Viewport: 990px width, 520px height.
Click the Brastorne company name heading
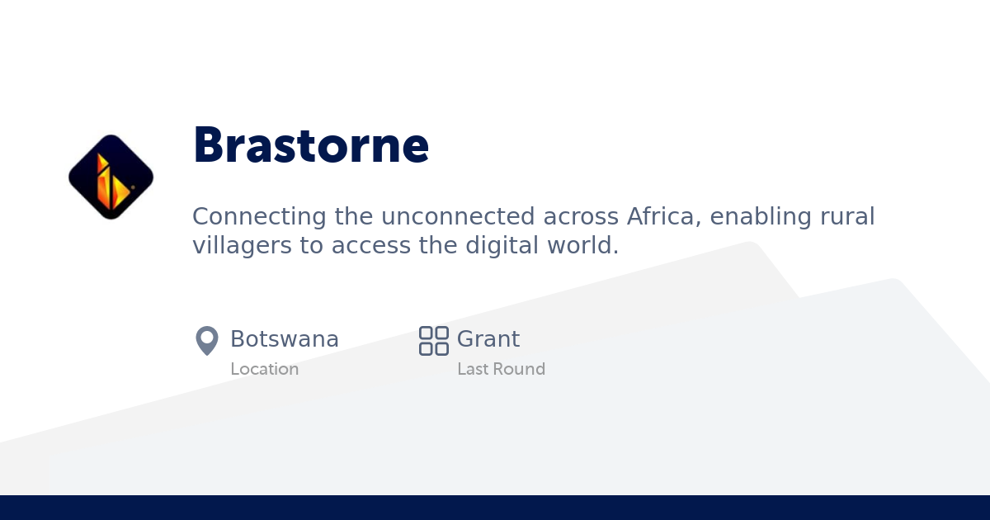[311, 146]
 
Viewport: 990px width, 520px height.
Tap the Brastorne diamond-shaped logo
[111, 177]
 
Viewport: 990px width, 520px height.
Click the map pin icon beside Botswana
[206, 340]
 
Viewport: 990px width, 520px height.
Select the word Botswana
[284, 339]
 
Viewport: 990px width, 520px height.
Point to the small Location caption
[264, 369]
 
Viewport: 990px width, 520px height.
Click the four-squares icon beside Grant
[433, 340]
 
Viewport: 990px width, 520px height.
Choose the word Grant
[488, 339]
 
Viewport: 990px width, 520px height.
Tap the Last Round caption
[501, 369]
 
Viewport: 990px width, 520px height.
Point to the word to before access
[311, 245]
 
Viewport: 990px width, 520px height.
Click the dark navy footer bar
[495, 508]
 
